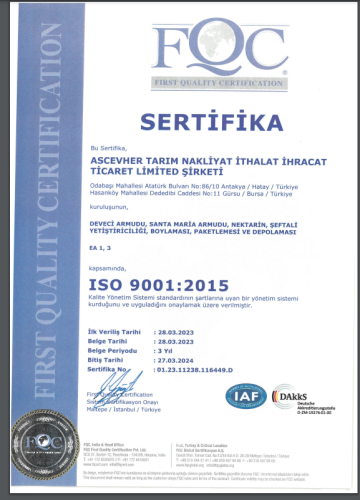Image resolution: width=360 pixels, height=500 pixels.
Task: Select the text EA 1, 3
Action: coord(101,245)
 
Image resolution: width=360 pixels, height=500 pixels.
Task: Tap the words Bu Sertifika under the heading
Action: coord(107,146)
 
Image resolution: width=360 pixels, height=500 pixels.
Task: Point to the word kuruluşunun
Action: coord(107,205)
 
